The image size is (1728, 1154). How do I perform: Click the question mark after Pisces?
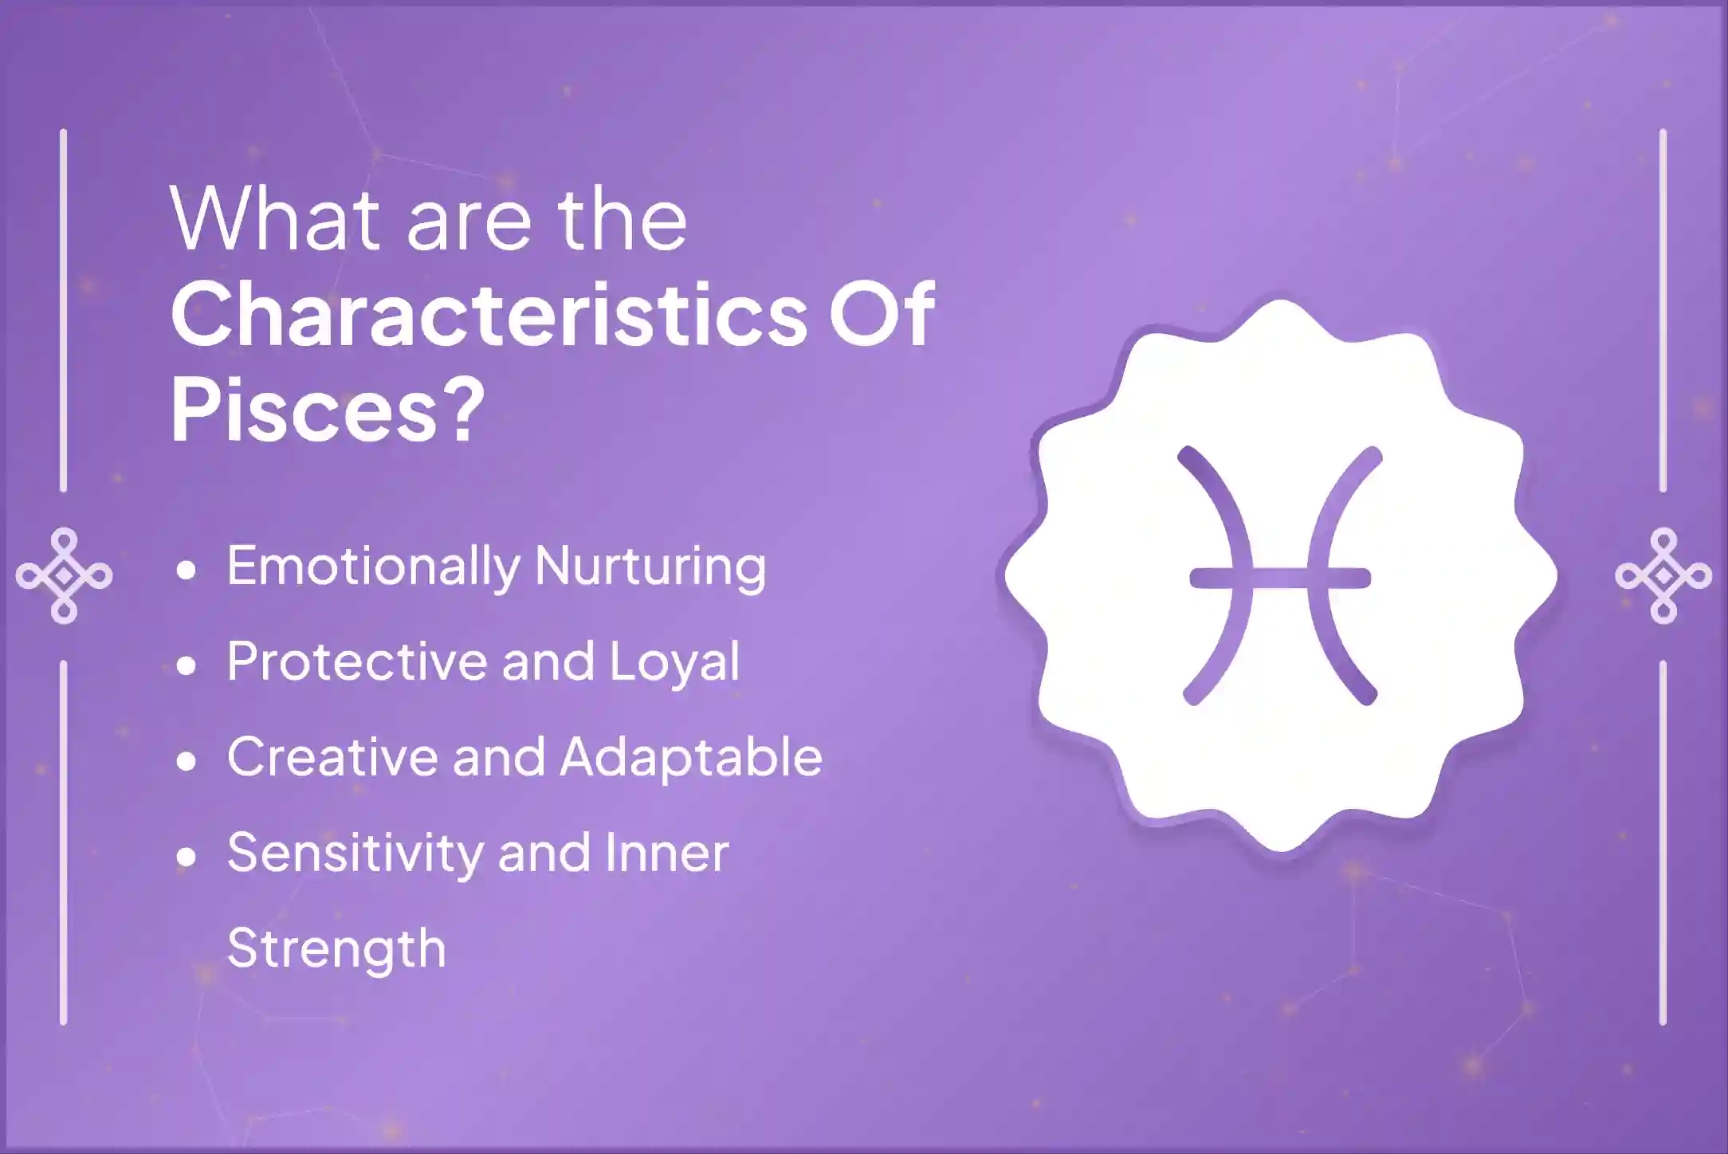pos(461,409)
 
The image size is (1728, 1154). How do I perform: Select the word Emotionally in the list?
pos(373,567)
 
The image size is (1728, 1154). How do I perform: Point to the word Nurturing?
pos(650,567)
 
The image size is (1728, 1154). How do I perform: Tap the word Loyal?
pos(674,663)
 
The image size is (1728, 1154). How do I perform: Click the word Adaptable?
pos(691,757)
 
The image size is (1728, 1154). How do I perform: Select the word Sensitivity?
pos(355,854)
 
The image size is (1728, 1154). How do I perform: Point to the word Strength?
pos(336,949)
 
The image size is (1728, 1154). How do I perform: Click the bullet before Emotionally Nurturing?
pos(187,571)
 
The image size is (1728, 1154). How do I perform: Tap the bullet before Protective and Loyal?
pos(187,666)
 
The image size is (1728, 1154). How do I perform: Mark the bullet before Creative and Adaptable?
pos(187,762)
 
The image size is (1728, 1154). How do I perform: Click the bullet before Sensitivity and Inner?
pos(187,858)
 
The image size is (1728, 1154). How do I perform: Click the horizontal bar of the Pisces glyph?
pos(1280,577)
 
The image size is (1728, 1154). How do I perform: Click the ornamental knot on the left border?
pos(64,575)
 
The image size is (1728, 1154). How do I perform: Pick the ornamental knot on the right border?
pos(1663,575)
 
